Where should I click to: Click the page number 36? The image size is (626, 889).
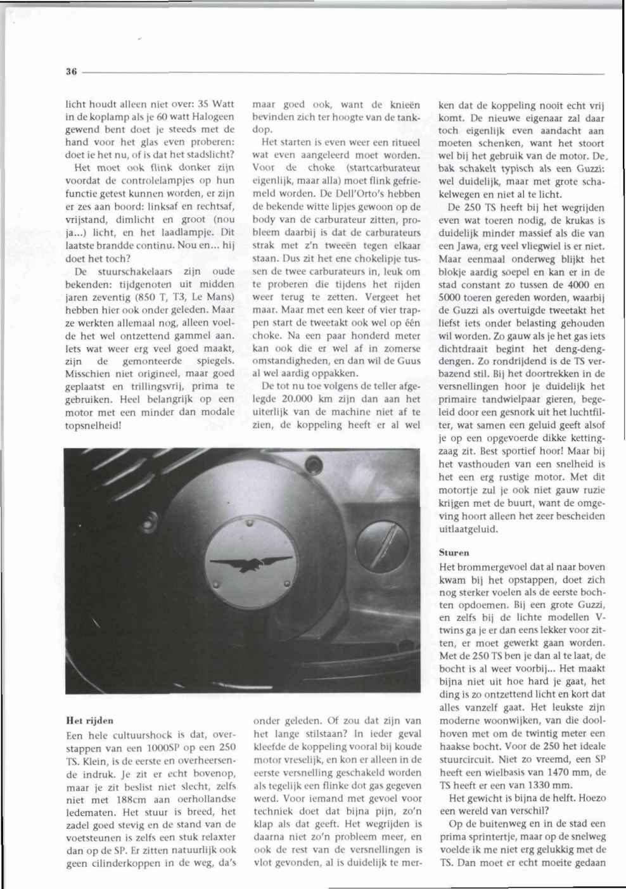pyautogui.click(x=71, y=73)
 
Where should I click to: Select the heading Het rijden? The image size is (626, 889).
pyautogui.click(x=90, y=720)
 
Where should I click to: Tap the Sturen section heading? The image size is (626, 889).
pyautogui.click(x=454, y=553)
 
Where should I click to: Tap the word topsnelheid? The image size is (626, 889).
pyautogui.click(x=93, y=425)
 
